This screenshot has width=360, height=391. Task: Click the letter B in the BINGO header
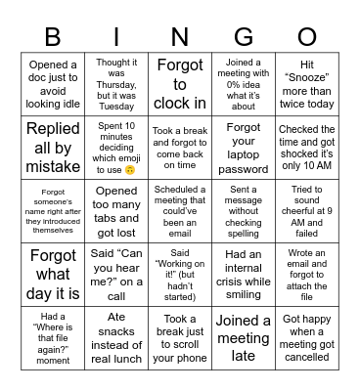click(x=53, y=36)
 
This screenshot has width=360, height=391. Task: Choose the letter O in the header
click(x=306, y=36)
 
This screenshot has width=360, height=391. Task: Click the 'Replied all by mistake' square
click(x=53, y=147)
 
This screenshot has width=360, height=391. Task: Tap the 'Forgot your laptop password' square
click(x=243, y=147)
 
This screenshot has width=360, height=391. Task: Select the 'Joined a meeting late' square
click(x=243, y=337)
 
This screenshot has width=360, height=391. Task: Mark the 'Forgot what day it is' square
click(x=53, y=274)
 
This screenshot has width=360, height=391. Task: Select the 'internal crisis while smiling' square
click(x=243, y=274)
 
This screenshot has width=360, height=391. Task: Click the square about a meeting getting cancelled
click(x=306, y=337)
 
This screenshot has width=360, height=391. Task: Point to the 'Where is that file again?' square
click(x=53, y=337)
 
